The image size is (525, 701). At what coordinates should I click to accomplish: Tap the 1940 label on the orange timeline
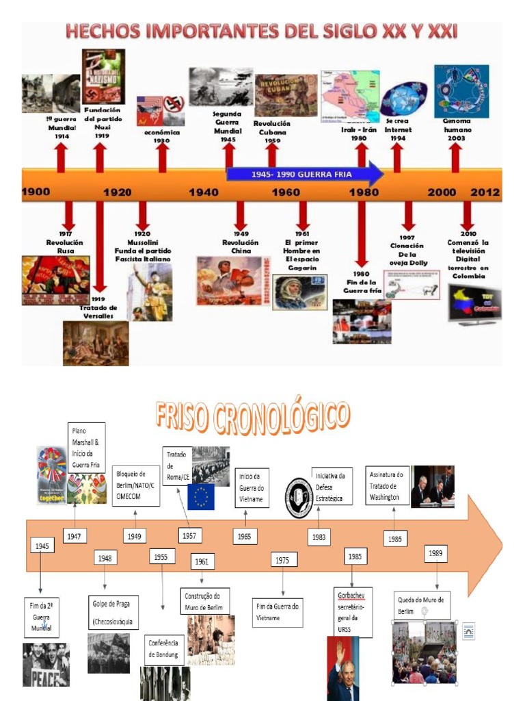[203, 192]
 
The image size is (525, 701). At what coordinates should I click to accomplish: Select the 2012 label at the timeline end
[485, 192]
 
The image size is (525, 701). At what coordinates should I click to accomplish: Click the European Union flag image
[201, 497]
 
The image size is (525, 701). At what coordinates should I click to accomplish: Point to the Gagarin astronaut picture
[299, 292]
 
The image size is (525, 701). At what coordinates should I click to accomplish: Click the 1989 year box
[435, 553]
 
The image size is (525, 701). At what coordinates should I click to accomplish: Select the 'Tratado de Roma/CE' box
[176, 466]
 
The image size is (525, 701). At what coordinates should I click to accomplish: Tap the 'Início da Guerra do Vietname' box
[252, 487]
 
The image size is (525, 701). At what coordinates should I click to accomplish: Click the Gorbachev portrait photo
[342, 668]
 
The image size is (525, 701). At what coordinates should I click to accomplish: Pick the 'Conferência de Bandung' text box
[163, 649]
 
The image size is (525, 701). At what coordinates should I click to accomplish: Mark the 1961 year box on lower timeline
[202, 561]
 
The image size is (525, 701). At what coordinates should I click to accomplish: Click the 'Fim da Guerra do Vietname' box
[278, 611]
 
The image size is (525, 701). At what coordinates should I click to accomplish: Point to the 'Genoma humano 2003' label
[457, 129]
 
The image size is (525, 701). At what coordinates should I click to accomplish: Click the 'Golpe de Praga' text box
[113, 613]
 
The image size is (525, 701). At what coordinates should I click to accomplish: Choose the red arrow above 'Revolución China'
[240, 215]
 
